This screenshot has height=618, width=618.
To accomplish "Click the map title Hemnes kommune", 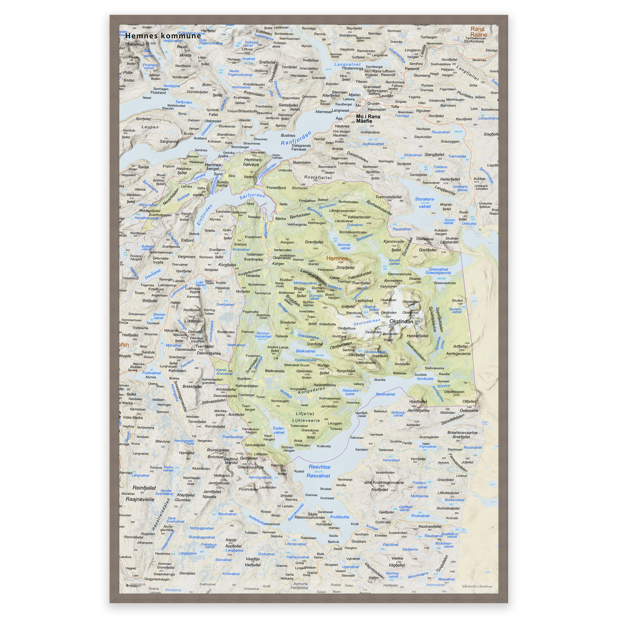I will [163, 36].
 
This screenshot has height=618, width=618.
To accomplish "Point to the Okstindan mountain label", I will [401, 321].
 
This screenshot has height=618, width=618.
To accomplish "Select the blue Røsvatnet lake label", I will [318, 476].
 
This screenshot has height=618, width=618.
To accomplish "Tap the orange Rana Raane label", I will [478, 32].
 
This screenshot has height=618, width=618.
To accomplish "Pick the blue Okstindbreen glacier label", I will [367, 322].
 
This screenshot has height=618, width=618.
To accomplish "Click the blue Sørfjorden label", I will [252, 196].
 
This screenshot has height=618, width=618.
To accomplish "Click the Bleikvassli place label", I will [275, 371].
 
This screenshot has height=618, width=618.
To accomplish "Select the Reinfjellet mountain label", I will [144, 488].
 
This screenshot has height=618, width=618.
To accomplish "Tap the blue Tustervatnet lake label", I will [279, 430].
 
